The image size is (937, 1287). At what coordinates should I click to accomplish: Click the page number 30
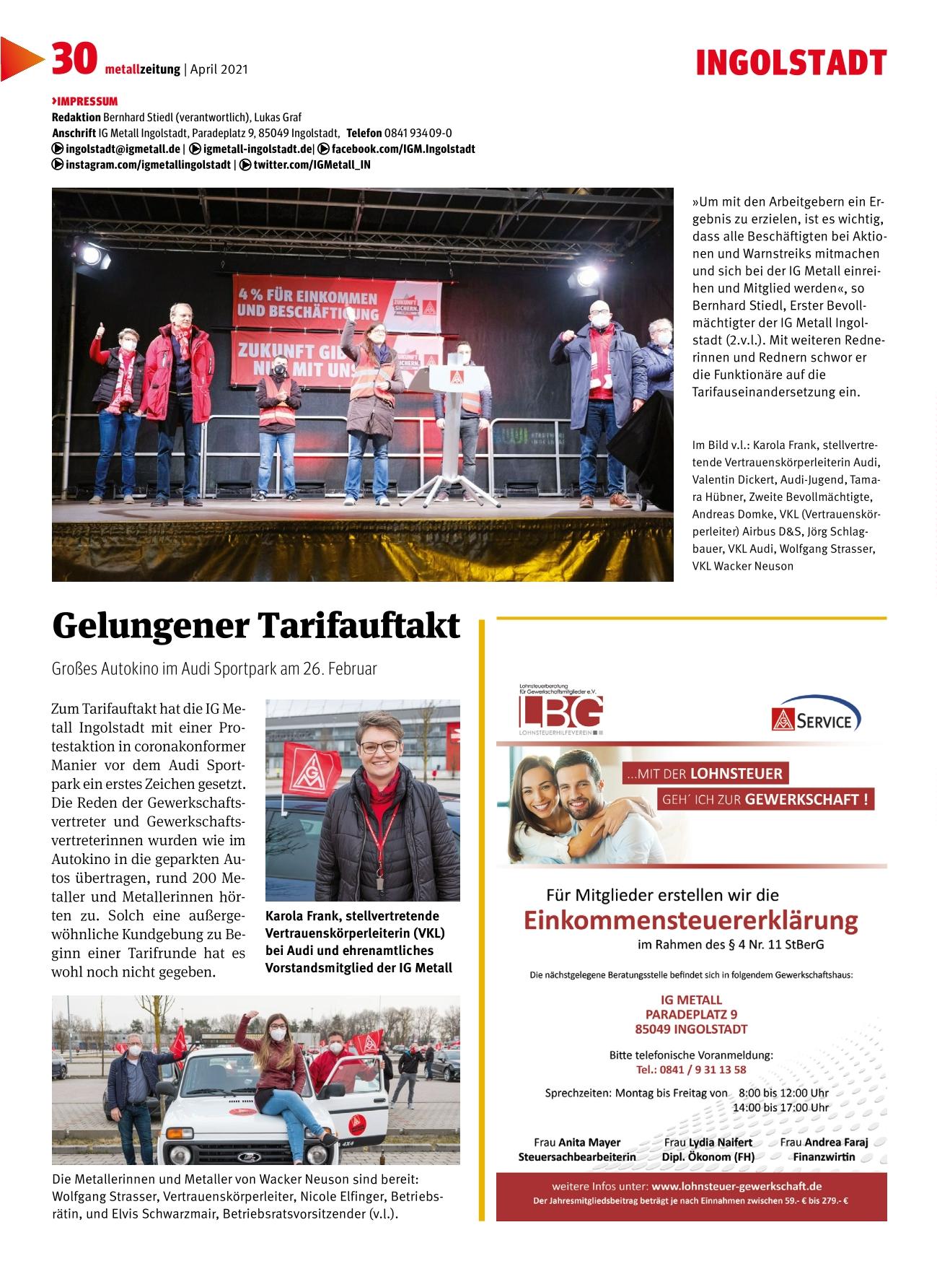click(x=74, y=60)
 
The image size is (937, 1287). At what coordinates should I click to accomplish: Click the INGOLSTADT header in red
click(x=791, y=64)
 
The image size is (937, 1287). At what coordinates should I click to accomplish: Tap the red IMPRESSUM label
click(x=85, y=101)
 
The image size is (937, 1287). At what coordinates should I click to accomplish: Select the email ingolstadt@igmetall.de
click(x=123, y=149)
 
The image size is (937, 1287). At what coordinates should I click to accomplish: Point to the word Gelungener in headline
click(x=149, y=625)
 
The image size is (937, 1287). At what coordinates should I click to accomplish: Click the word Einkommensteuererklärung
click(x=690, y=920)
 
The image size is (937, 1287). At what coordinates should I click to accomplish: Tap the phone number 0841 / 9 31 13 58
click(x=691, y=1069)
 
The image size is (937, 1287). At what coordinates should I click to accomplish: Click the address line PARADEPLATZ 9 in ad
click(x=691, y=1014)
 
